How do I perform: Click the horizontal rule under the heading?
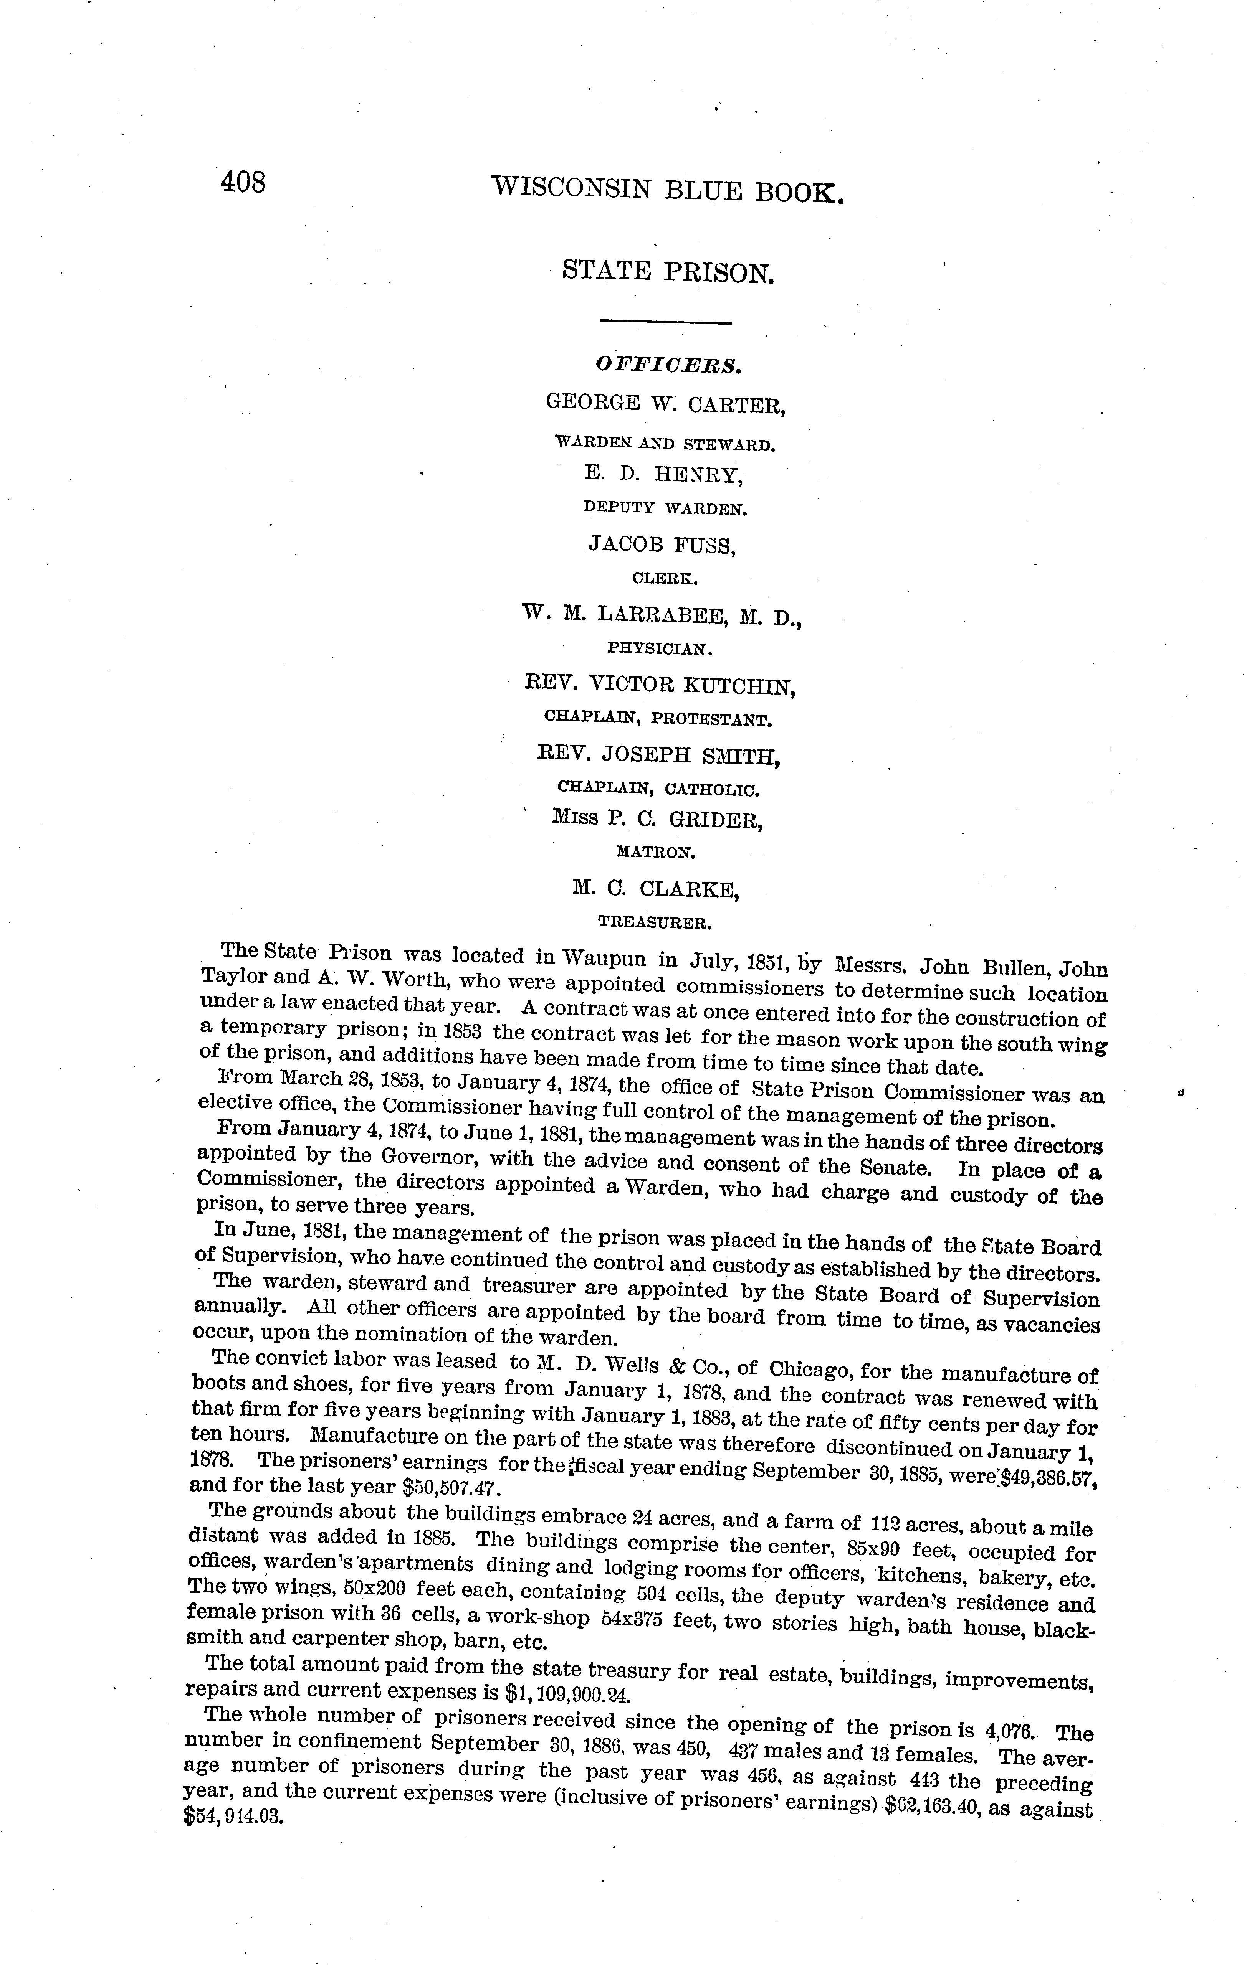pos(665,322)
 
